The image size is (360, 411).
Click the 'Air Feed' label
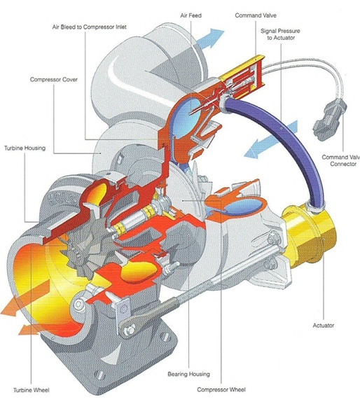coord(191,15)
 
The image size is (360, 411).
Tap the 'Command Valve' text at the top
coord(256,15)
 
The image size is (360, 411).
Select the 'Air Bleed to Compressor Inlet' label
coord(90,27)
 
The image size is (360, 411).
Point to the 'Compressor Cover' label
coord(54,79)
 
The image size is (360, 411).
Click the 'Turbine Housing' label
coord(25,148)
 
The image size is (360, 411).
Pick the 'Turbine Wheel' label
coord(32,390)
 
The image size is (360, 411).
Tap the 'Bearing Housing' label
coord(189,374)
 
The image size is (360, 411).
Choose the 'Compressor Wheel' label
coord(221,390)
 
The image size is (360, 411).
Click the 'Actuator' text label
coord(324,326)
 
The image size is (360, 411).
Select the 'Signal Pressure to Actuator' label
coord(280,34)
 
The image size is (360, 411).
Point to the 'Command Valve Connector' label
coord(341,160)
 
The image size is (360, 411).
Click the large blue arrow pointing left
coord(270,140)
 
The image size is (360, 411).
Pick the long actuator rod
coord(226,277)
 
